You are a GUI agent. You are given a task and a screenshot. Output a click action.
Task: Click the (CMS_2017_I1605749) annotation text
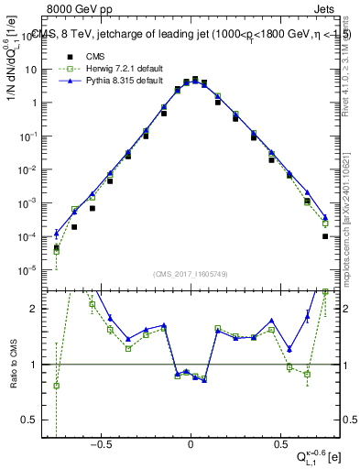point(191,275)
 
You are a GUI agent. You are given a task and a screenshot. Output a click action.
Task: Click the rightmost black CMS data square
point(325,235)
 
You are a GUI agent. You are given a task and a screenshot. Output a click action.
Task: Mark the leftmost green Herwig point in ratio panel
point(57,385)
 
